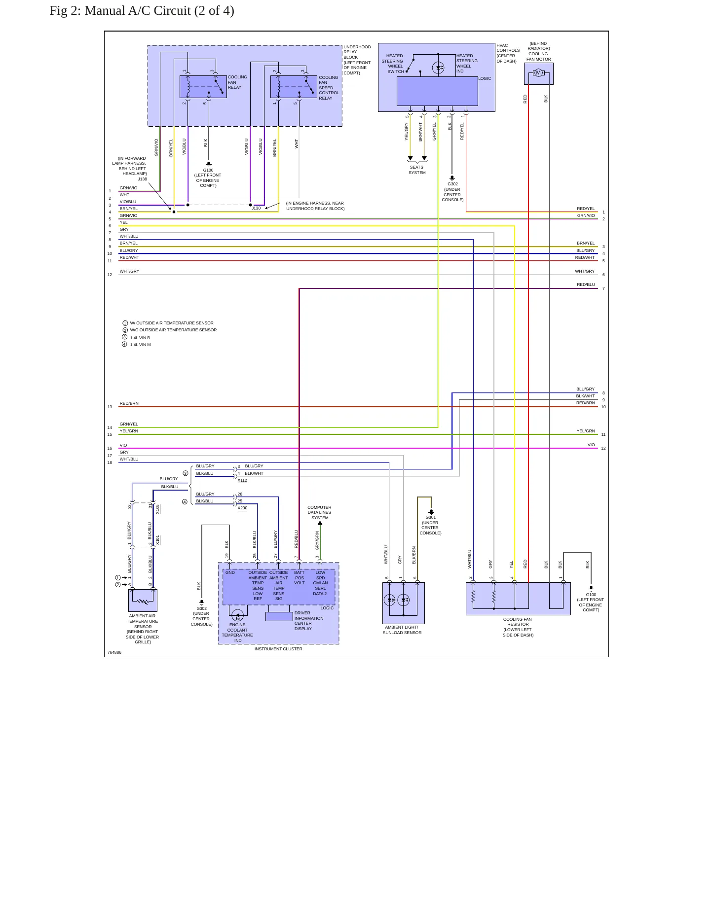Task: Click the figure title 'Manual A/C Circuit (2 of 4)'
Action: coord(159,11)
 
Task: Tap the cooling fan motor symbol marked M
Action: coord(538,73)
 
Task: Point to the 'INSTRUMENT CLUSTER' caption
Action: coord(278,649)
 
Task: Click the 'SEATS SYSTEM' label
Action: coord(417,170)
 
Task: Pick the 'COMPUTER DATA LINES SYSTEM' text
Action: coord(319,512)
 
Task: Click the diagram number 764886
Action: coord(114,652)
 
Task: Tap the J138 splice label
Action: coord(142,179)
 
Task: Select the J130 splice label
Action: coord(256,208)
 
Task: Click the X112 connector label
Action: coord(242,480)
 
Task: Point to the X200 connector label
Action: coord(242,508)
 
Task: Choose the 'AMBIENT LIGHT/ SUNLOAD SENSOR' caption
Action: coord(402,630)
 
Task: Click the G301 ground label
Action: coord(431,518)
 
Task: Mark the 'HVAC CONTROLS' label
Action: coord(508,48)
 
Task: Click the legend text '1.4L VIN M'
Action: coord(140,345)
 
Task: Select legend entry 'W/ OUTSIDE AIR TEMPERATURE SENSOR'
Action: coord(172,323)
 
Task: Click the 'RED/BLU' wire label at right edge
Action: coord(586,284)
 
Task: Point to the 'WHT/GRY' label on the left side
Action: coord(129,271)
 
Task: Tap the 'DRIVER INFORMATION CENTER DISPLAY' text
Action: coord(309,621)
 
